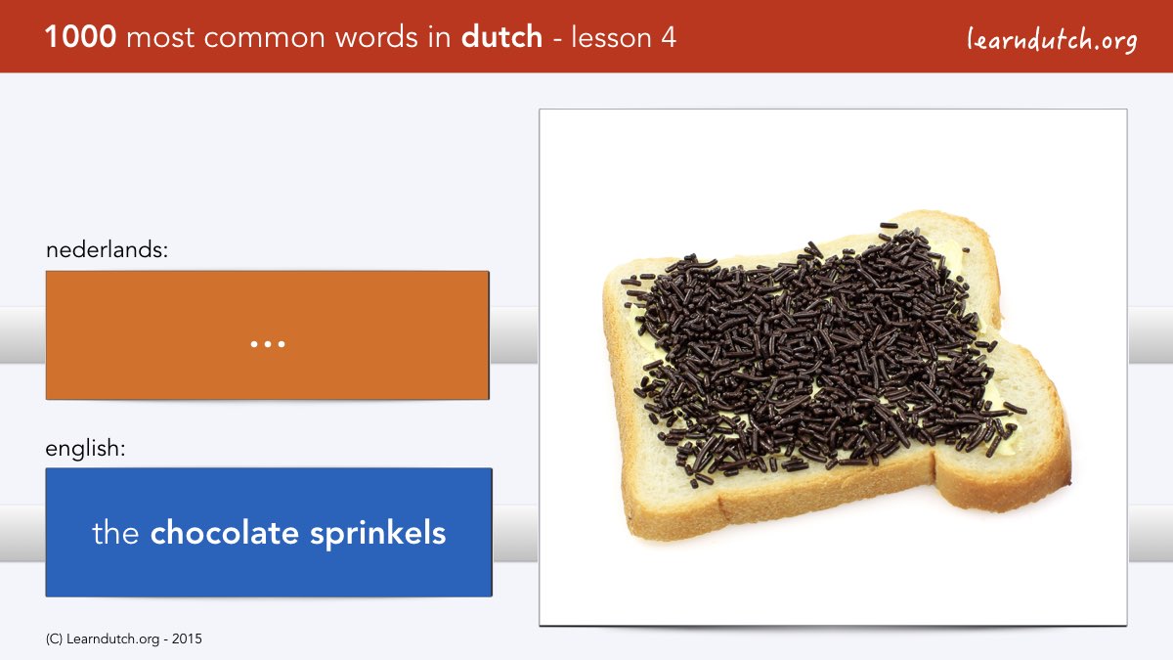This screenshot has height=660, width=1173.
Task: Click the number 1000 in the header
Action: click(80, 37)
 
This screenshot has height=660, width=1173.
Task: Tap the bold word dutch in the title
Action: click(501, 36)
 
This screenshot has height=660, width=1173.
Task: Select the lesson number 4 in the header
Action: click(669, 37)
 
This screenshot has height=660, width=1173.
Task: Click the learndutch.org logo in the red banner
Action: click(1052, 40)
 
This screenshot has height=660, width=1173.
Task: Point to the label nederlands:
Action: click(107, 249)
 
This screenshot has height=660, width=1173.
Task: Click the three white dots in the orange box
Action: click(268, 344)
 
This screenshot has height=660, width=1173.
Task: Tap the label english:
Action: click(85, 449)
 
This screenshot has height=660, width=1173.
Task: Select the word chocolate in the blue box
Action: click(224, 533)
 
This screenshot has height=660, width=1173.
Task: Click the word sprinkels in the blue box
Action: click(377, 534)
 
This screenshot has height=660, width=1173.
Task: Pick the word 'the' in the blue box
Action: click(115, 533)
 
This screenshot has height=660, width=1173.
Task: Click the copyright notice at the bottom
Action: click(123, 639)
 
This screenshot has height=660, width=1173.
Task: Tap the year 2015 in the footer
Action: click(187, 638)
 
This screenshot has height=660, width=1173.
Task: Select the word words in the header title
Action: click(377, 37)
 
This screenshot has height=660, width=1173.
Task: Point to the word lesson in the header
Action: click(611, 37)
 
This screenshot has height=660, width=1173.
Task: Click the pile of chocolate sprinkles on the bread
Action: click(817, 351)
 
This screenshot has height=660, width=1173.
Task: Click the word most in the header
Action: click(160, 38)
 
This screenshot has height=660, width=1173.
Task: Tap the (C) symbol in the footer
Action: click(54, 639)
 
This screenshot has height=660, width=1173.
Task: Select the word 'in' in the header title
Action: click(440, 37)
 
